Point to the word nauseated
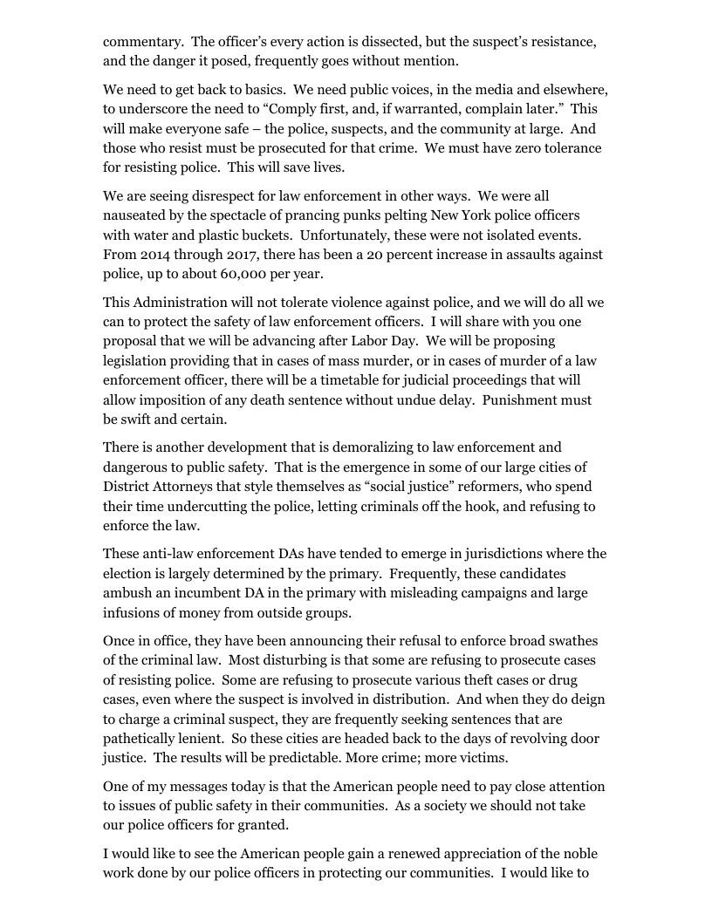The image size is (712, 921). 136,215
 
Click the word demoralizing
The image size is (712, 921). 357,447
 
